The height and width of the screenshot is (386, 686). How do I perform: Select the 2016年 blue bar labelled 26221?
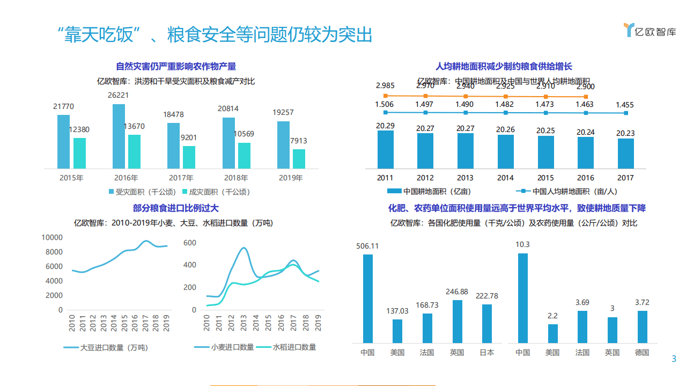119,136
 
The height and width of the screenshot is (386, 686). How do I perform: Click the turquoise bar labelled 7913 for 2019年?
299,158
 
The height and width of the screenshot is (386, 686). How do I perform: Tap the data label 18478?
174,114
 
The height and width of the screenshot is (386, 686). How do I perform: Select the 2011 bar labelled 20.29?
385,149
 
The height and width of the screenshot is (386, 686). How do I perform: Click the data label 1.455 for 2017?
625,105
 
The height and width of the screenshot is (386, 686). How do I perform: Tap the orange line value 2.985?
385,85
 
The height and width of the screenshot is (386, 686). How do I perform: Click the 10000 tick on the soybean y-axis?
53,237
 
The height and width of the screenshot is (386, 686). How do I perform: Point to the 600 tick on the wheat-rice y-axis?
190,243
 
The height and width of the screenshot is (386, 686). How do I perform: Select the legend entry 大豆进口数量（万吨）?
106,347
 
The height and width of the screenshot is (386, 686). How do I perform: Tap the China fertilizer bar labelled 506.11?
367,298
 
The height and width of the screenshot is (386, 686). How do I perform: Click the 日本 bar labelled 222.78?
487,323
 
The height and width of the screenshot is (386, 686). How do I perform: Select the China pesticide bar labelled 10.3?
522,298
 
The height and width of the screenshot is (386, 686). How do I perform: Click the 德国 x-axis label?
642,353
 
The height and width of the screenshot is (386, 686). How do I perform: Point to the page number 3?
674,359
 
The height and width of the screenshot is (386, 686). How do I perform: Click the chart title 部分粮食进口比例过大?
176,208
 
